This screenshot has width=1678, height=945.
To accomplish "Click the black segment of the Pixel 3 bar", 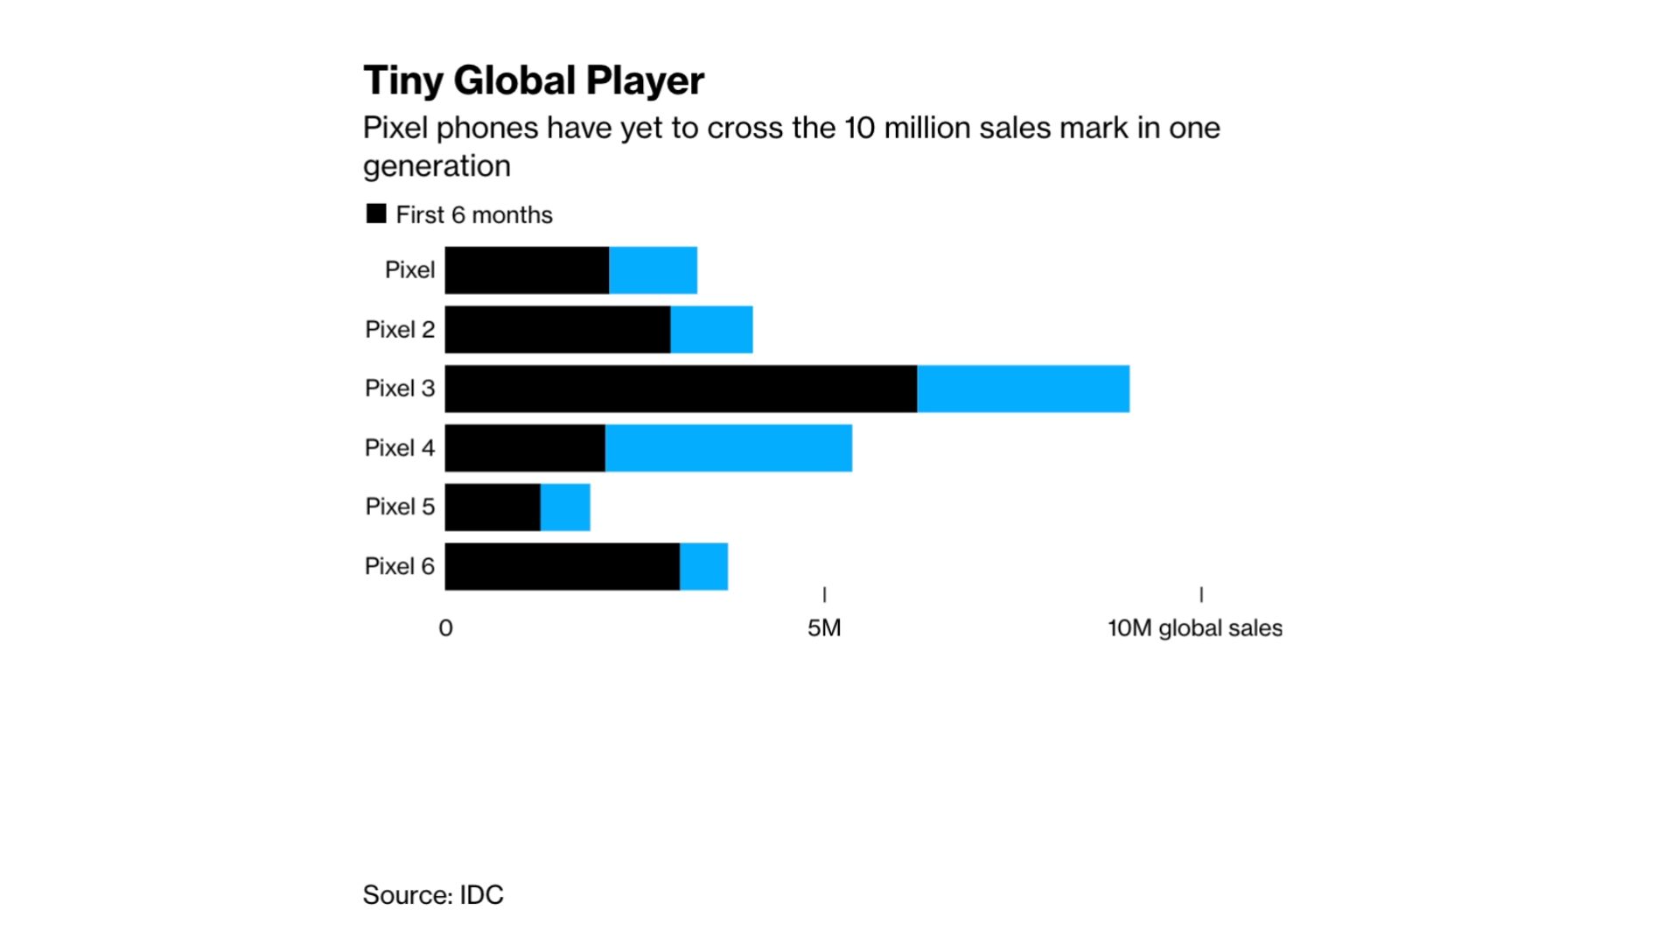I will (681, 388).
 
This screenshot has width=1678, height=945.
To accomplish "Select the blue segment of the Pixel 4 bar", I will (728, 448).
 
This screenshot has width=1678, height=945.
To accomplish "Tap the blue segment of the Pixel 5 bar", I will (565, 507).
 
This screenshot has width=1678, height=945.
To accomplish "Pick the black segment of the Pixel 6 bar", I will (562, 566).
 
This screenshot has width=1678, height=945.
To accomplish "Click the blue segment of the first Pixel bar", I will (653, 270).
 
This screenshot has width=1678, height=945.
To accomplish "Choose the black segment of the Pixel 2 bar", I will (557, 330).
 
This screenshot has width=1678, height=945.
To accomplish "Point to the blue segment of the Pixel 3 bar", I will (1023, 388).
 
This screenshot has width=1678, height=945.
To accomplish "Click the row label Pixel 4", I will (399, 448).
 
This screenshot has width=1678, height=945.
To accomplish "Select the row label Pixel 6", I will (399, 566).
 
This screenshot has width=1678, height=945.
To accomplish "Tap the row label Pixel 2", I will (399, 330).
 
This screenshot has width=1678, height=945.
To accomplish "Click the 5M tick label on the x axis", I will (823, 628).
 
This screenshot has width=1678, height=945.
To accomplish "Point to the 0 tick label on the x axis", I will (445, 628).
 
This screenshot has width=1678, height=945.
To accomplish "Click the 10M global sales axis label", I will (1194, 628).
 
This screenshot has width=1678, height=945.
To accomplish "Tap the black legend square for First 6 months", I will (376, 214).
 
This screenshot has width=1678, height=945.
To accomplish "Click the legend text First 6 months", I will (473, 215).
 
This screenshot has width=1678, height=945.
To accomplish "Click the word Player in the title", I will (645, 81).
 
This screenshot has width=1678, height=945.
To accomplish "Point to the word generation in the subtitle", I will (437, 166).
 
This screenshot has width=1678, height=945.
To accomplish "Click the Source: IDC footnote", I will (433, 895).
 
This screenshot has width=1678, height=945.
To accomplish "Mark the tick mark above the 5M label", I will (824, 594).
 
